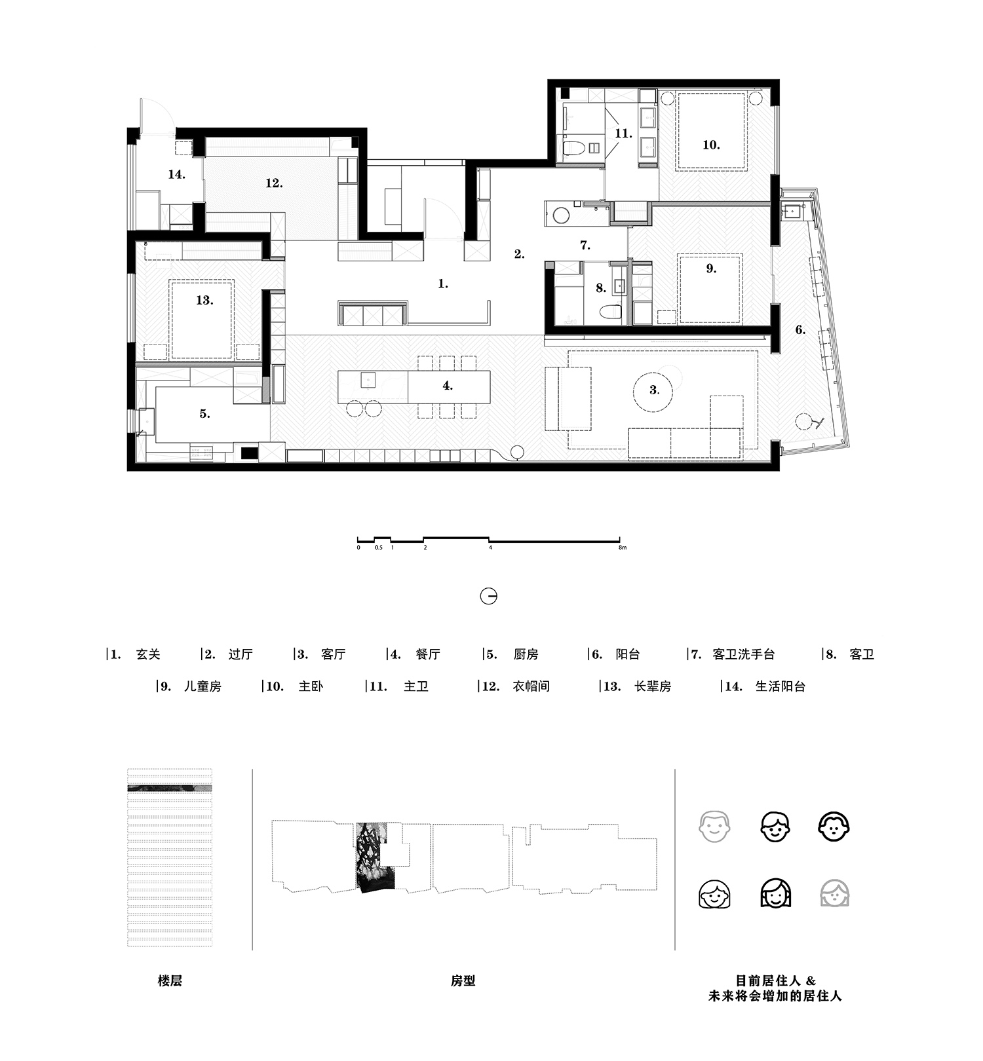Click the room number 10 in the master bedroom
point(711,145)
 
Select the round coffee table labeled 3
point(654,390)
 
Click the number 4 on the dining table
point(448,386)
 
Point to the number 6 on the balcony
point(800,329)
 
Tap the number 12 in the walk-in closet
point(274,183)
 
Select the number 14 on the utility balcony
point(176,174)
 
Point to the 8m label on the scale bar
point(622,548)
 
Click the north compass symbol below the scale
point(488,596)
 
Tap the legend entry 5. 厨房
point(512,654)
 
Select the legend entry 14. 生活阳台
point(764,686)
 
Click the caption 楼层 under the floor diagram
point(170,980)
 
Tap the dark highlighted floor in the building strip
point(169,789)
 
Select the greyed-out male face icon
point(714,827)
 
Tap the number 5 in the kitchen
point(204,414)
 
